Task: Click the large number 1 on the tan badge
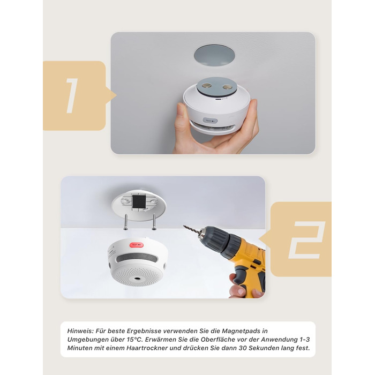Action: pyautogui.click(x=72, y=96)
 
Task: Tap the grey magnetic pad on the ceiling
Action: pyautogui.click(x=214, y=55)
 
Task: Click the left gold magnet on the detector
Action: pyautogui.click(x=206, y=85)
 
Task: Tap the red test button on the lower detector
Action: pyautogui.click(x=136, y=245)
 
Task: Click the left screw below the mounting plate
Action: pyautogui.click(x=126, y=222)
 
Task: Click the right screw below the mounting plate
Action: pyautogui.click(x=154, y=222)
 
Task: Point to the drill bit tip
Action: pyautogui.click(x=184, y=226)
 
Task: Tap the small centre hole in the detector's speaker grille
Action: pyautogui.click(x=137, y=279)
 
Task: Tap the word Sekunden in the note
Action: pyautogui.click(x=262, y=348)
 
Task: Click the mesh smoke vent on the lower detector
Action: pyautogui.click(x=137, y=258)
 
